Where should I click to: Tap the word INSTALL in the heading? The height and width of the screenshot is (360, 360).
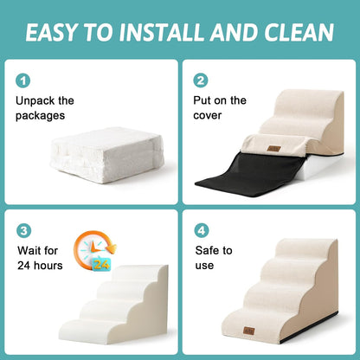pyautogui.click(x=179, y=33)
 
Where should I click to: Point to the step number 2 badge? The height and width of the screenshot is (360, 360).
pyautogui.click(x=201, y=80)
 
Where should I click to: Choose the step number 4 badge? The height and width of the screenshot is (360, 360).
pyautogui.click(x=201, y=231)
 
